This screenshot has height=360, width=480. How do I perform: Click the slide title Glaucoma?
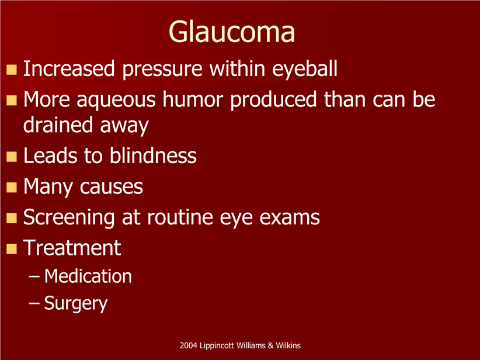click(x=232, y=32)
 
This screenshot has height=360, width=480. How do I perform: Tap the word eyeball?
click(x=305, y=69)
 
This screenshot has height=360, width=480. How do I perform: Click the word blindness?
click(x=153, y=155)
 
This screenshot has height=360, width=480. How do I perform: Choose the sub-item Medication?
click(x=88, y=276)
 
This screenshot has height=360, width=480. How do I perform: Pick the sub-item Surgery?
click(x=76, y=304)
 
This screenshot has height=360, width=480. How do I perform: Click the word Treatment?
click(x=72, y=248)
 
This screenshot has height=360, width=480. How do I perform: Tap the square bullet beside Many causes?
click(x=12, y=187)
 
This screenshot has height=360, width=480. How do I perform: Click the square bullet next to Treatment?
click(x=12, y=248)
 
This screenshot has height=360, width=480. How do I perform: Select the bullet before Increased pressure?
click(x=12, y=70)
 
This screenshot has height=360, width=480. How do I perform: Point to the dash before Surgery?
click(x=34, y=303)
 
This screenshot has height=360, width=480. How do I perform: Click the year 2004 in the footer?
click(x=189, y=345)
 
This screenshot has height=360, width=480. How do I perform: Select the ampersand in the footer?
click(x=270, y=345)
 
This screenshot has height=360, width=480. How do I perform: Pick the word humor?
click(x=193, y=99)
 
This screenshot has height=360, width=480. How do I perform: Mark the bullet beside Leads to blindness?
click(x=12, y=157)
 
